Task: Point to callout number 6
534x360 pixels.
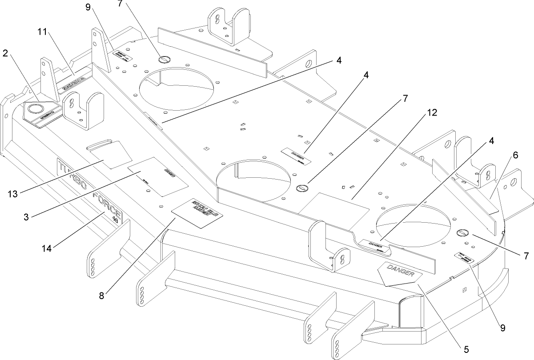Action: [x=515, y=155]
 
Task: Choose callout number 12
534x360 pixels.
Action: [x=431, y=112]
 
